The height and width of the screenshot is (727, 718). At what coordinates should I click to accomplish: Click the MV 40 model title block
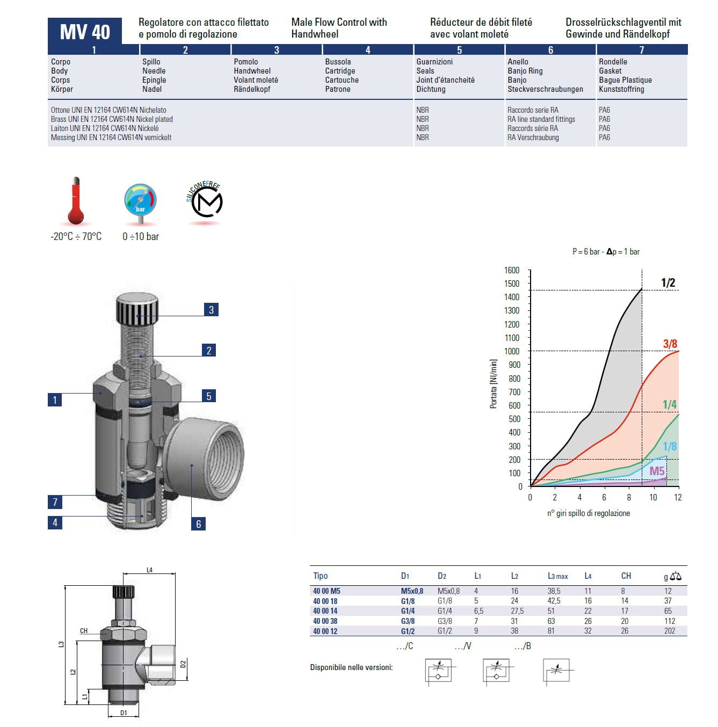tap(84, 31)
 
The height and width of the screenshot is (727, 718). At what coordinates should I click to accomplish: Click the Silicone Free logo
tap(205, 200)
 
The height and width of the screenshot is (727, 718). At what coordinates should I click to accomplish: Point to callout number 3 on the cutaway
tap(211, 310)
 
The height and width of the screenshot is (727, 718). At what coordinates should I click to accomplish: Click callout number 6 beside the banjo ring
tap(198, 524)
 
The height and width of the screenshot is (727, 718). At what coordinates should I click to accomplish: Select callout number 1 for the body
tap(55, 400)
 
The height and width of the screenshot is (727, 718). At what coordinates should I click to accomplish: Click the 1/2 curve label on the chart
tap(668, 282)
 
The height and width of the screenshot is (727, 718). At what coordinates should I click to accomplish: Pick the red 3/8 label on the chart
tap(670, 344)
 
